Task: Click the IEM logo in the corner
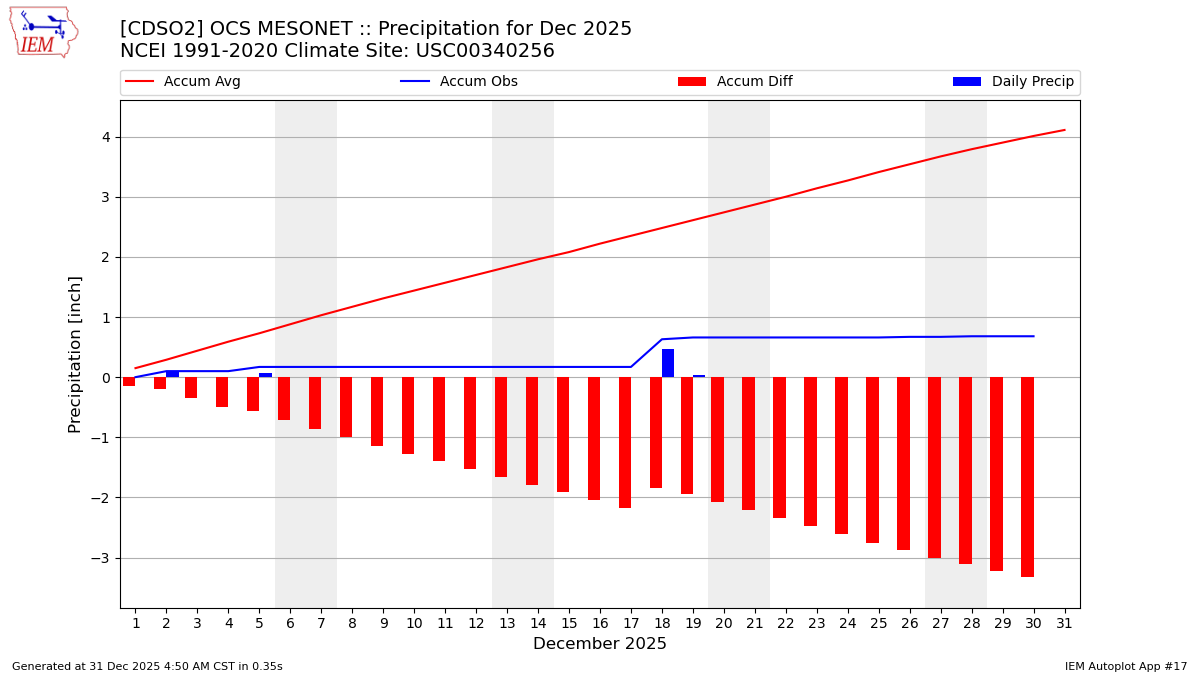43,32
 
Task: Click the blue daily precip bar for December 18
668,363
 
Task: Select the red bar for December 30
1027,476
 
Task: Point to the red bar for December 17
625,442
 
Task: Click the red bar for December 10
408,415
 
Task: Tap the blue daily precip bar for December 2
172,374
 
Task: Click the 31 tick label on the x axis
1064,623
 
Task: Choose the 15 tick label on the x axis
569,623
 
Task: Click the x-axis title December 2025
600,644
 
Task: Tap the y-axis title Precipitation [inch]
75,354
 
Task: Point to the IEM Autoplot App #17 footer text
1126,666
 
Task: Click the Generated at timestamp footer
147,666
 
